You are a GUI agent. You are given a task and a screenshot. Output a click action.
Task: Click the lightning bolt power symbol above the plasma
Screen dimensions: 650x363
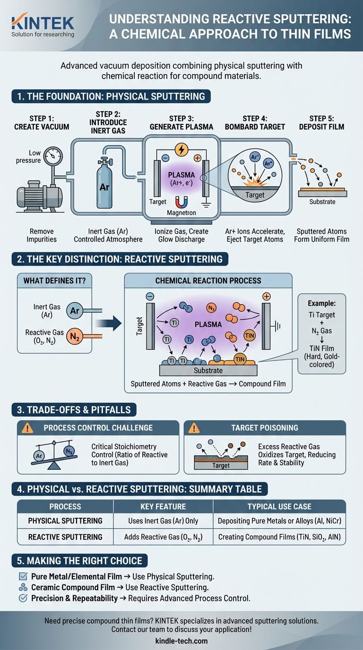point(181,149)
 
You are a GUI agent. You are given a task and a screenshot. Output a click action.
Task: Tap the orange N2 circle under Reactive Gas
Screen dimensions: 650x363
point(74,337)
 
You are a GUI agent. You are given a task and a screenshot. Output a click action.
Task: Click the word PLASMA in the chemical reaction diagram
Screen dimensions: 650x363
point(208,325)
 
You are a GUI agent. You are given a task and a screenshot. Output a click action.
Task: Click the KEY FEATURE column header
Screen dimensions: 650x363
point(163,506)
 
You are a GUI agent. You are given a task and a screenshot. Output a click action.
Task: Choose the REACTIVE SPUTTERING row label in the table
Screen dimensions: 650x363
point(65,537)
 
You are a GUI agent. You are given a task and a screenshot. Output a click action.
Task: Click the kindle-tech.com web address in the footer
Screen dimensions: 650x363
point(181,641)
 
